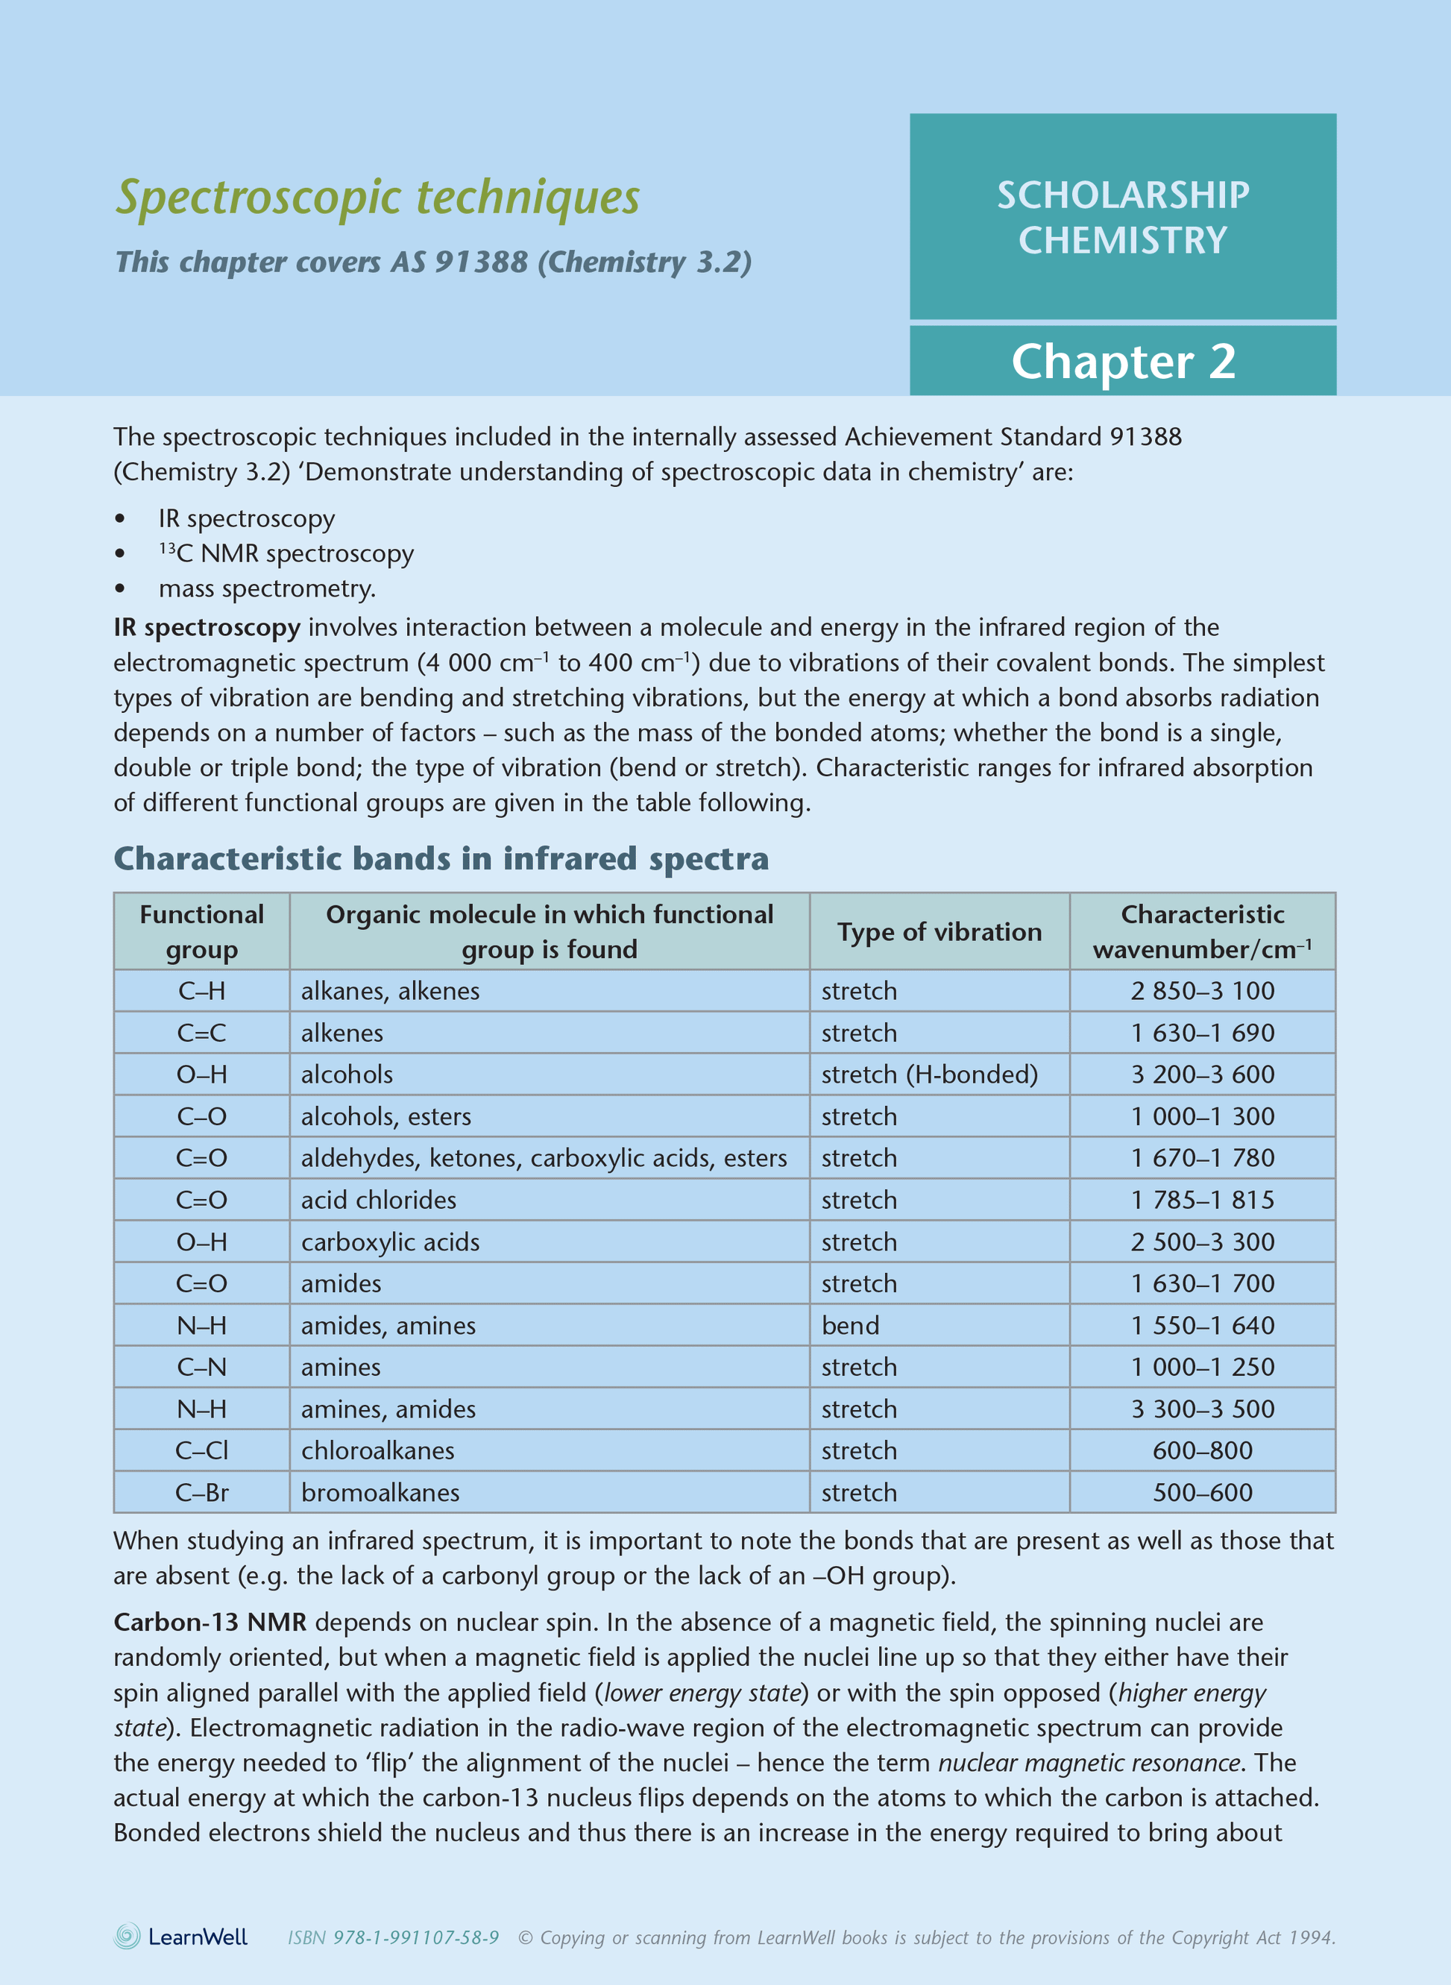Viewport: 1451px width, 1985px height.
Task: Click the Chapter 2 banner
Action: coord(1122,361)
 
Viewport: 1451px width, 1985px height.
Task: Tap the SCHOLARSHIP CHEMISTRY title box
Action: coord(1122,217)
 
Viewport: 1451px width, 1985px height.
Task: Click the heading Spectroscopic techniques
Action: coord(378,197)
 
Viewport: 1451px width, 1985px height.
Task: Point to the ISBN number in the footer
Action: coord(394,1937)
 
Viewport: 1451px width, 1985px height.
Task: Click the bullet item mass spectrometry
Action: coord(267,588)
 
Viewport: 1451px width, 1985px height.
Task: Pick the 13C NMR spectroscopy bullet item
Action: coord(286,553)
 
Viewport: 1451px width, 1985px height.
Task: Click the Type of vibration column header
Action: coord(939,932)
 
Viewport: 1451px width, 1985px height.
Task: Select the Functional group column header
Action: coord(201,932)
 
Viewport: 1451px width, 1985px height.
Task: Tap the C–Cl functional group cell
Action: coord(201,1450)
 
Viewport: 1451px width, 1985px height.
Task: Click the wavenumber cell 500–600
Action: coord(1203,1492)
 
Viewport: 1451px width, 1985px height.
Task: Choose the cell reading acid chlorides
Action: coord(379,1200)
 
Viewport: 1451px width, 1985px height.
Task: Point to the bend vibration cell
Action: coord(850,1325)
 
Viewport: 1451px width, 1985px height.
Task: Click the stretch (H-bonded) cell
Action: coord(929,1075)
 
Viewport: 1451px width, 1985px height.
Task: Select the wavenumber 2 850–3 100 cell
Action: coord(1203,991)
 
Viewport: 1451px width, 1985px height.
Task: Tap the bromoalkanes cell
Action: coord(380,1492)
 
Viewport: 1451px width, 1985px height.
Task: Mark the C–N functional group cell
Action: coord(201,1367)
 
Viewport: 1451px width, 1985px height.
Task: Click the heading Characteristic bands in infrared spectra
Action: coord(441,858)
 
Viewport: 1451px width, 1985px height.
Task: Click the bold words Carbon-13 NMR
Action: coord(210,1623)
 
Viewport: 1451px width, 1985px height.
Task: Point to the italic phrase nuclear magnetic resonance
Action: coord(1089,1763)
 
